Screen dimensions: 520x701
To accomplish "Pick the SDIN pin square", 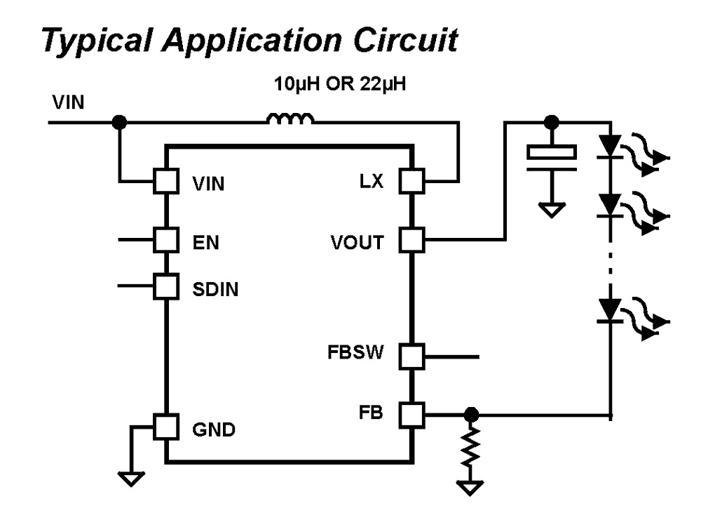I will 165,286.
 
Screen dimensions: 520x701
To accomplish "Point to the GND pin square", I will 165,427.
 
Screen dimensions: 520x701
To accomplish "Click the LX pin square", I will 411,182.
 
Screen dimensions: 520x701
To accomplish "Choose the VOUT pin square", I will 411,241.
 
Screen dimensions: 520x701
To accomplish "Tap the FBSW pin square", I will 411,356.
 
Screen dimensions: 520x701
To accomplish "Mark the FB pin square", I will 411,414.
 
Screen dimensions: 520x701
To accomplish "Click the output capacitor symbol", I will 552,155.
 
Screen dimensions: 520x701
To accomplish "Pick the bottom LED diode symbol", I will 611,308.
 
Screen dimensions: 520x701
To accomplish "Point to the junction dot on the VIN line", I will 120,123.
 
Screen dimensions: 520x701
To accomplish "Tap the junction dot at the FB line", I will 472,414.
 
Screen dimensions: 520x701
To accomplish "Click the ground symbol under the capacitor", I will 552,209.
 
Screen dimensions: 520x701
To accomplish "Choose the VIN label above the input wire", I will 68,103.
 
